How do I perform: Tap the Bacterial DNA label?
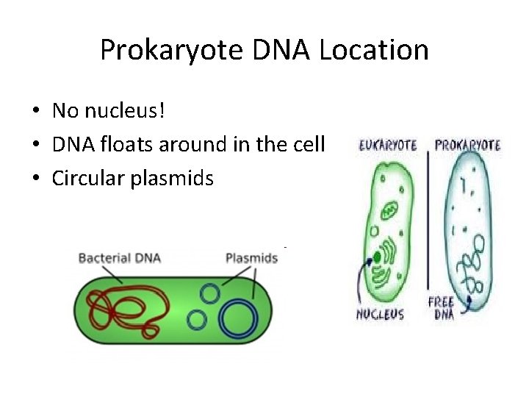pos(119,258)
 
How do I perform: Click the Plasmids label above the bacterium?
pos(251,258)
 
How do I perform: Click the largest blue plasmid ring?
pos(239,318)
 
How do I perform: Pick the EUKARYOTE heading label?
pos(387,146)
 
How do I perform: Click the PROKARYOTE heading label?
pos(467,146)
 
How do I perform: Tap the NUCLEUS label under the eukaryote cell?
pos(381,314)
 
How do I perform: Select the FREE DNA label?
pos(441,308)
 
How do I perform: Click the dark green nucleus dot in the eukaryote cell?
pos(377,257)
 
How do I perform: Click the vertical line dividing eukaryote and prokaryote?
pos(428,221)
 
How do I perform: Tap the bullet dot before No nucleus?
pos(35,112)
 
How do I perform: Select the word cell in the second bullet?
pos(309,145)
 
